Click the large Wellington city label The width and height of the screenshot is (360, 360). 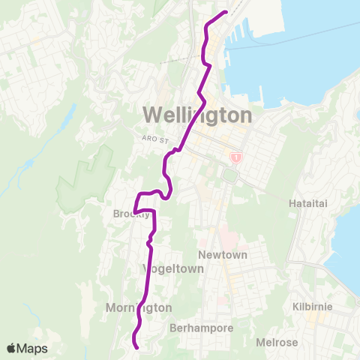point(196,115)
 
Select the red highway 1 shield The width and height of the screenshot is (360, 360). point(236,158)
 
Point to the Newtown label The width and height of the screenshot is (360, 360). point(223,255)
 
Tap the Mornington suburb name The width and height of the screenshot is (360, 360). point(139,307)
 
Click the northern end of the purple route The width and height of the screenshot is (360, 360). point(226,12)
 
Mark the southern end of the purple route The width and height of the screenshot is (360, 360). point(136,346)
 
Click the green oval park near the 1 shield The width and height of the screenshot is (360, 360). point(230,175)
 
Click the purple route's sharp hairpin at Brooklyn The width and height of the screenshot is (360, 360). point(135,208)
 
